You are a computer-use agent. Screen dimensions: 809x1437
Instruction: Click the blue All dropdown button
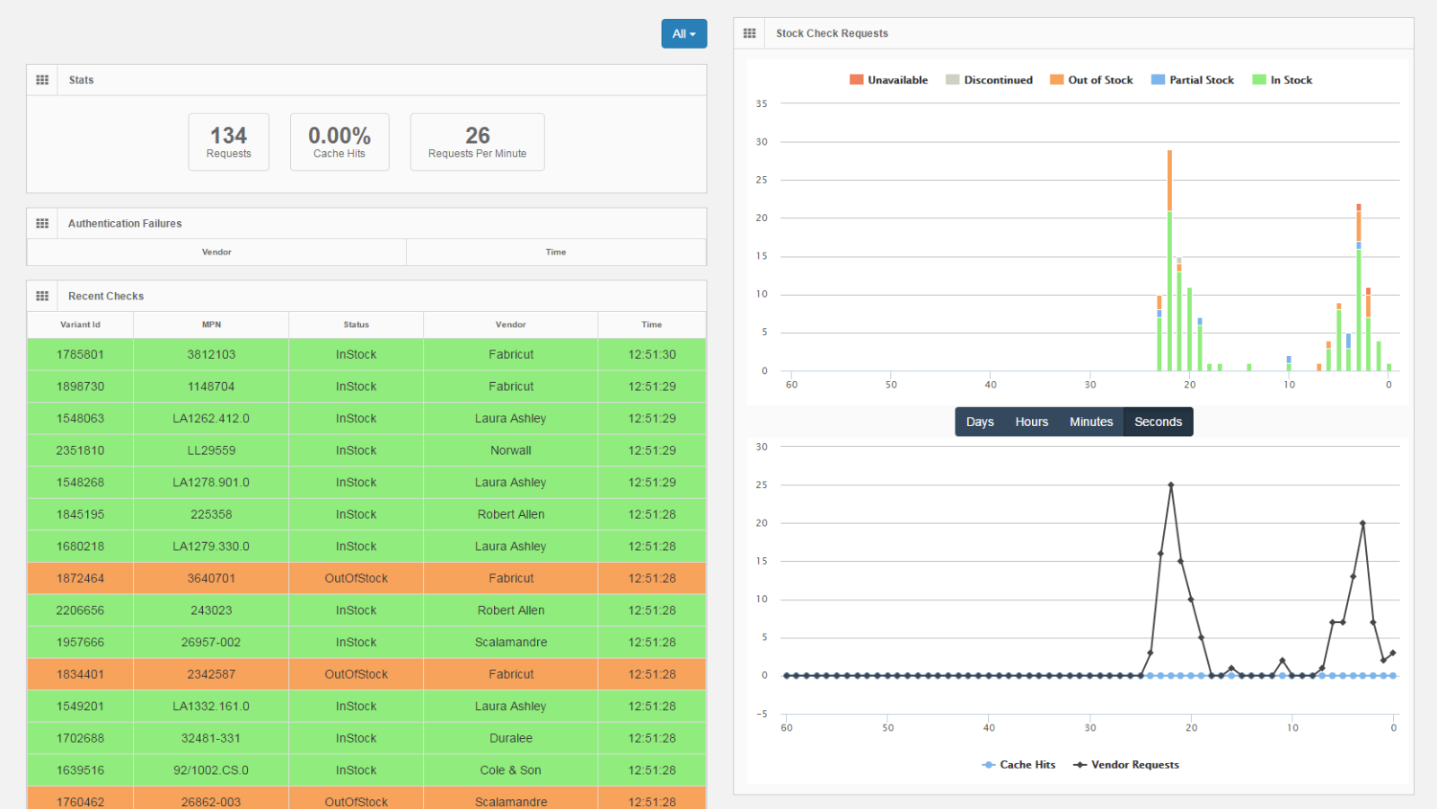[683, 34]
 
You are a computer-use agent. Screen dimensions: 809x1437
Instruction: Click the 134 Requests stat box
[228, 142]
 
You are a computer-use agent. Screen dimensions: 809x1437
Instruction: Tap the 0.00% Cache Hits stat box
[339, 142]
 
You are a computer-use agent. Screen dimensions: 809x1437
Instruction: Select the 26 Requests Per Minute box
[477, 142]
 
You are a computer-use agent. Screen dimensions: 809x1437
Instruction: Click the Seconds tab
[1158, 422]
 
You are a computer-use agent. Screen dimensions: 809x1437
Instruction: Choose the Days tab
[980, 422]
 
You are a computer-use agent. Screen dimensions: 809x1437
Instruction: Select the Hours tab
[1031, 422]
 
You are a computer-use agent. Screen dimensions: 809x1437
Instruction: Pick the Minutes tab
[1090, 422]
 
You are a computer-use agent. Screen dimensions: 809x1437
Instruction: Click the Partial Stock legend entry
[1193, 80]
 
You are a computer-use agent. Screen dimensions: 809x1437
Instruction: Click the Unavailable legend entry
[888, 80]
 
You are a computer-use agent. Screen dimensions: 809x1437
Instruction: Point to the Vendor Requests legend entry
[1126, 765]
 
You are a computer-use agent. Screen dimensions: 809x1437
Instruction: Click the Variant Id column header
[80, 324]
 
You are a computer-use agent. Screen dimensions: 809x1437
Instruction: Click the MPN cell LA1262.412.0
[211, 419]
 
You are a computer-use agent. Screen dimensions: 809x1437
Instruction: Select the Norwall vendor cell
[510, 450]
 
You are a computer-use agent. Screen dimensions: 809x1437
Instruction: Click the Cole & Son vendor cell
[510, 770]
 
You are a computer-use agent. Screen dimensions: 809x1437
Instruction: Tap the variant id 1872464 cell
[80, 579]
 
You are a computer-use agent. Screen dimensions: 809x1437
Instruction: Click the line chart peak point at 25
[1171, 485]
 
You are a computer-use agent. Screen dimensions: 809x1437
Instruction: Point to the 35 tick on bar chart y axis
[762, 104]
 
